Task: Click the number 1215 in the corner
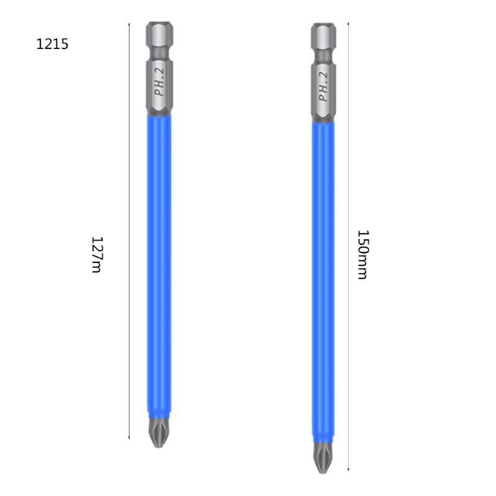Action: pyautogui.click(x=52, y=45)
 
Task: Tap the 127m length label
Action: pyautogui.click(x=96, y=254)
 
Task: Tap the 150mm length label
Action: pyautogui.click(x=363, y=255)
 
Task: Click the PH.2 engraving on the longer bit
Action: pyautogui.click(x=323, y=87)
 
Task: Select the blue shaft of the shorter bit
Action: pyautogui.click(x=159, y=267)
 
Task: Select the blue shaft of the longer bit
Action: pyautogui.click(x=323, y=279)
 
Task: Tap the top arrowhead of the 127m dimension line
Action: pyautogui.click(x=129, y=24)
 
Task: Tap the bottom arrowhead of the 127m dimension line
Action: pyautogui.click(x=129, y=438)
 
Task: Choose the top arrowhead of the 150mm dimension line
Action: pyautogui.click(x=348, y=24)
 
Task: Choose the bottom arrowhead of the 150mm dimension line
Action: pyautogui.click(x=348, y=471)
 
